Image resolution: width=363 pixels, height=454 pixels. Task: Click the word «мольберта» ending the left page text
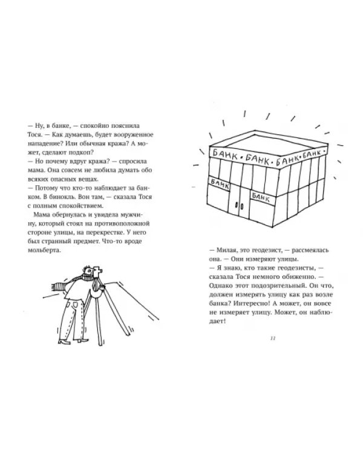coord(44,250)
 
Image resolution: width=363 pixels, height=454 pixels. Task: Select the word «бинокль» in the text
coord(64,197)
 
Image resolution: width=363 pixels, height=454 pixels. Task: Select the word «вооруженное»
coord(134,134)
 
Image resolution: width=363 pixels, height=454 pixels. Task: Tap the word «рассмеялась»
coord(310,250)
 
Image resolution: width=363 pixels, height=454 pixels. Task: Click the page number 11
coord(272,338)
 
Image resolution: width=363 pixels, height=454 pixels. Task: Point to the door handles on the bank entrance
coord(239,205)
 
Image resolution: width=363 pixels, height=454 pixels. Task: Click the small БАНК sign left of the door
coord(220,184)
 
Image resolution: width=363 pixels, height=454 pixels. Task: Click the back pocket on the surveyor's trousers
coord(75,305)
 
